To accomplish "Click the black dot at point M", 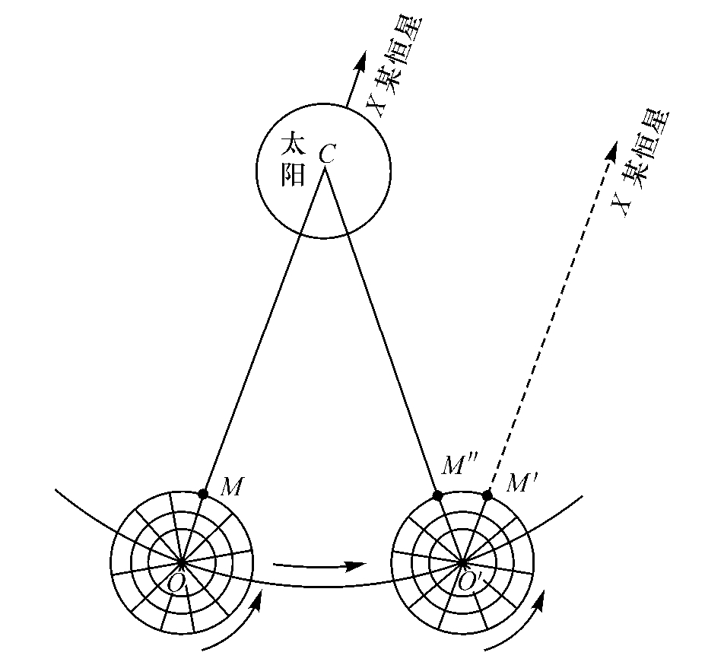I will [x=203, y=494].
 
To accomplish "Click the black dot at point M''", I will [x=437, y=495].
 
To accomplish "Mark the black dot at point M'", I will [x=487, y=495].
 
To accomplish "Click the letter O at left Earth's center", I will [x=175, y=584].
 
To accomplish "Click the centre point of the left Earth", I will [x=181, y=563].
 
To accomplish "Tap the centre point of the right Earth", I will [x=462, y=563].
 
